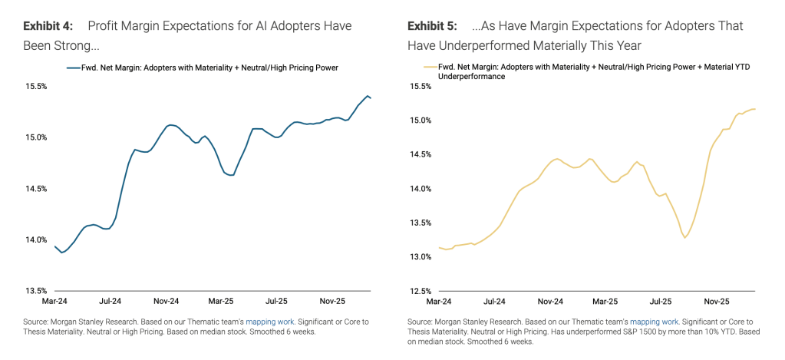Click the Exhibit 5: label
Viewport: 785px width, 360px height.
pos(431,26)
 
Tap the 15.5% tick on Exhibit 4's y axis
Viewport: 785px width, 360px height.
pos(35,87)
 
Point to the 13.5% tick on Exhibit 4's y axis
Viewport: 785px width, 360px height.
pos(35,291)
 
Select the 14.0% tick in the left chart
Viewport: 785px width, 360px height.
pos(35,240)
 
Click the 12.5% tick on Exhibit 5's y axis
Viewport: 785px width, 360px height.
pos(419,291)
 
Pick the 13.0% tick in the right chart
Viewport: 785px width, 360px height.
pos(419,257)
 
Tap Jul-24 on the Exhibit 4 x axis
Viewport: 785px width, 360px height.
pos(112,302)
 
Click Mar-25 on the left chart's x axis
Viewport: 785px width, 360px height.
pos(221,302)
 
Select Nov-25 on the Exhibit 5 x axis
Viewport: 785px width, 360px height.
pos(716,302)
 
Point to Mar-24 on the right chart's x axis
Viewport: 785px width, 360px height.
pos(439,302)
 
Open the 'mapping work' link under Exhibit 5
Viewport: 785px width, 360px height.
pos(658,321)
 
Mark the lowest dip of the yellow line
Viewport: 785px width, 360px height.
pos(684,238)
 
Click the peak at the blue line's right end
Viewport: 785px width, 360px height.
pos(368,96)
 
